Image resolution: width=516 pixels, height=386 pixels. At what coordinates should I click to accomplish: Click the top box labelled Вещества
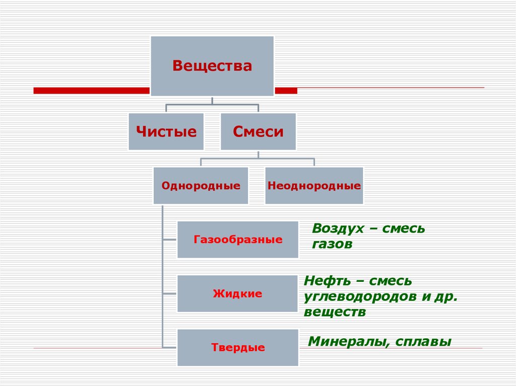[212, 66]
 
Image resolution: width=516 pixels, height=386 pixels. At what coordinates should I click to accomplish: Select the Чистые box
[166, 132]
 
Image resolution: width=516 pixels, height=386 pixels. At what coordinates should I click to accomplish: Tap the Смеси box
[258, 132]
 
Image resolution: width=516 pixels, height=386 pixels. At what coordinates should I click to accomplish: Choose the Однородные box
[201, 186]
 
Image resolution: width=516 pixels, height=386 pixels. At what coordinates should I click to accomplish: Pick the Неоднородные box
[314, 186]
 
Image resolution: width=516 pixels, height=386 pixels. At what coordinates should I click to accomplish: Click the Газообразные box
[237, 240]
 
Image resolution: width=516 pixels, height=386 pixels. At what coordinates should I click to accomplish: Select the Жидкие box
[237, 293]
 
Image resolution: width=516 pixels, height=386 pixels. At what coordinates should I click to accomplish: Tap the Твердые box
[237, 347]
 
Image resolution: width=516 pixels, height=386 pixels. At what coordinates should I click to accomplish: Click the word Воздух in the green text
[338, 228]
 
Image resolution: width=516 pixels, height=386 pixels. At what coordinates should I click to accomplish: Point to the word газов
[332, 245]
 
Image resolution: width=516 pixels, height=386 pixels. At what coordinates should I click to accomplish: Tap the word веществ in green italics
[335, 312]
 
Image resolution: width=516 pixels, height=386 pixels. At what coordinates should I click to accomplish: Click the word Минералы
[348, 342]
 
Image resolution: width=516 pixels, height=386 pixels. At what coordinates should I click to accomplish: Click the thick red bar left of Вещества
[91, 91]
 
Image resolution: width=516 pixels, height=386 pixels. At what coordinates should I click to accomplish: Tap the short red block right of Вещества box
[286, 91]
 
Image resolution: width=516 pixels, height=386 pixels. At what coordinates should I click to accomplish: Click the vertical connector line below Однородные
[162, 277]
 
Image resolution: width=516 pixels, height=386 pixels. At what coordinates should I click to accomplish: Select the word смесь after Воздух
[404, 228]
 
